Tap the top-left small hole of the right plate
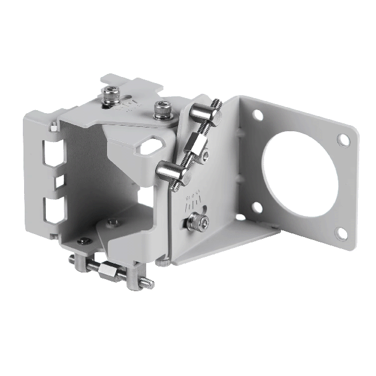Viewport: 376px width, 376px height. (x=257, y=114)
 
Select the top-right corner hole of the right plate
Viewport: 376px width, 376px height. (x=343, y=140)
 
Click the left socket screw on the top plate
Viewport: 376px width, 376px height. (x=110, y=94)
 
